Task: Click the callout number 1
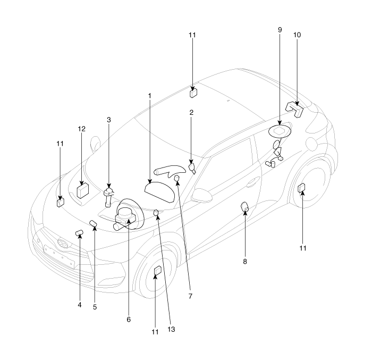[x=150, y=96]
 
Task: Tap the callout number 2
[x=191, y=113]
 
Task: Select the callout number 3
[x=109, y=120]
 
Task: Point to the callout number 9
[x=280, y=30]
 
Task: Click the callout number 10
[x=297, y=35]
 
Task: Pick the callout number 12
[x=82, y=129]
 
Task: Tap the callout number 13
[x=171, y=329]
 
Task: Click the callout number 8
[x=245, y=262]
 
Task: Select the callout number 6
[x=129, y=320]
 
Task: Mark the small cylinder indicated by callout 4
[x=79, y=233]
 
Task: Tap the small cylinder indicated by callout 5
[x=93, y=223]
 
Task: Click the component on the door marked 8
[x=245, y=207]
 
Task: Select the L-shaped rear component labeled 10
[x=295, y=108]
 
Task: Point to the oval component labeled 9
[x=280, y=131]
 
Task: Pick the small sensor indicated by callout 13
[x=156, y=213]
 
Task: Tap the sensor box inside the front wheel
[x=158, y=271]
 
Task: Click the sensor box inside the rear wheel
[x=301, y=188]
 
